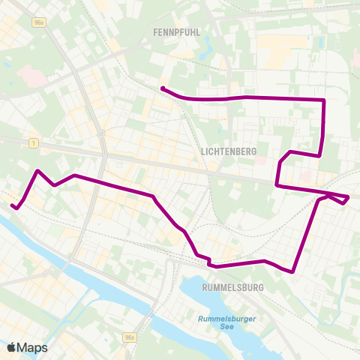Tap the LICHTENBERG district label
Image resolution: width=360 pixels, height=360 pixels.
coord(229,151)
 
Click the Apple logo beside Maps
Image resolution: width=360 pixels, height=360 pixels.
coord(13,346)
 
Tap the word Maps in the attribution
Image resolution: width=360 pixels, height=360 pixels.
coord(33,346)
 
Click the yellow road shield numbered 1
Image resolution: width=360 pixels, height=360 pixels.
coord(34,142)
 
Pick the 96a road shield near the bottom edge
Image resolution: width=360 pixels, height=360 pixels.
coord(131,338)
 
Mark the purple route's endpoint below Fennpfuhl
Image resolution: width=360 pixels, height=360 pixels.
coord(163,88)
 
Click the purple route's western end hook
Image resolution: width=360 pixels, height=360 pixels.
coord(12,205)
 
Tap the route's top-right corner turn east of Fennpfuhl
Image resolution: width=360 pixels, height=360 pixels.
coord(323,100)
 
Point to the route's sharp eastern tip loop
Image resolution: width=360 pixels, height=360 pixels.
coord(347,198)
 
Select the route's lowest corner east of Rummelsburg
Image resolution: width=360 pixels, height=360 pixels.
coord(292,271)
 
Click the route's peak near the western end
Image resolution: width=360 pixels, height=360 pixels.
coord(37,171)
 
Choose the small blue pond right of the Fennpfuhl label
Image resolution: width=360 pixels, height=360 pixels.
coord(206,54)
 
